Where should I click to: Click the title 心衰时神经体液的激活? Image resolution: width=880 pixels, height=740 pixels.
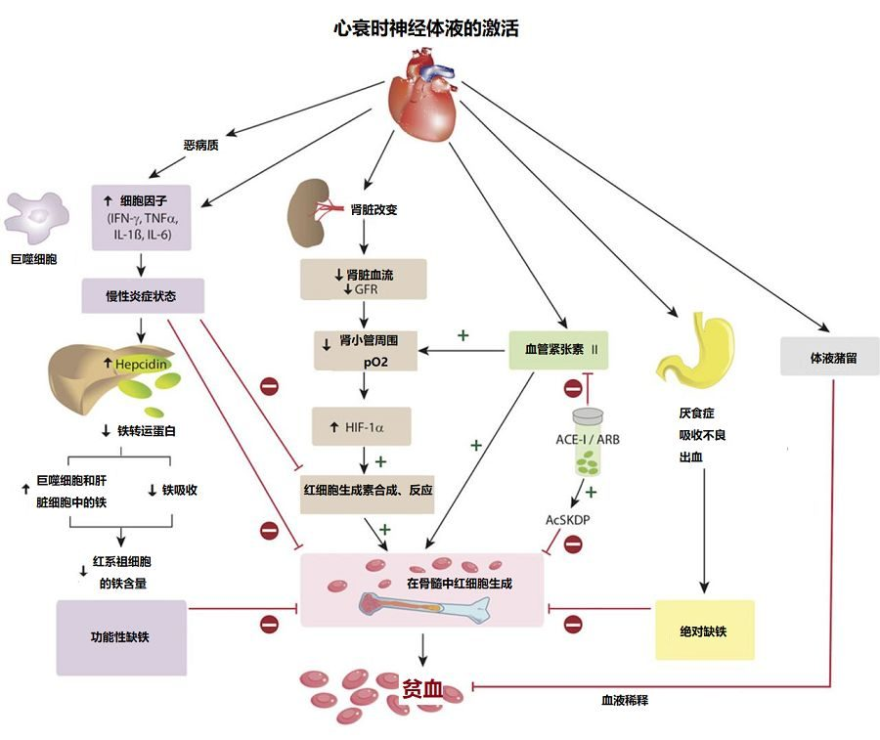click(x=426, y=28)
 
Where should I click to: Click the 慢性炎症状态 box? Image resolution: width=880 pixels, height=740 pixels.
click(x=143, y=296)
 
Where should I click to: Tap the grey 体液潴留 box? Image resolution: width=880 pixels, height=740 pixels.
click(x=830, y=358)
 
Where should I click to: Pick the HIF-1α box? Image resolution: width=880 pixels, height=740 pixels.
click(x=362, y=428)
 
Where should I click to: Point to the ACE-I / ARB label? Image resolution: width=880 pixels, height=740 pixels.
click(x=588, y=440)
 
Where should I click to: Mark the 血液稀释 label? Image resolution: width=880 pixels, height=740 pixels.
click(x=627, y=701)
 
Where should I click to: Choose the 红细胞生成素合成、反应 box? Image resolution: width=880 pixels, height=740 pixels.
click(x=369, y=489)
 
